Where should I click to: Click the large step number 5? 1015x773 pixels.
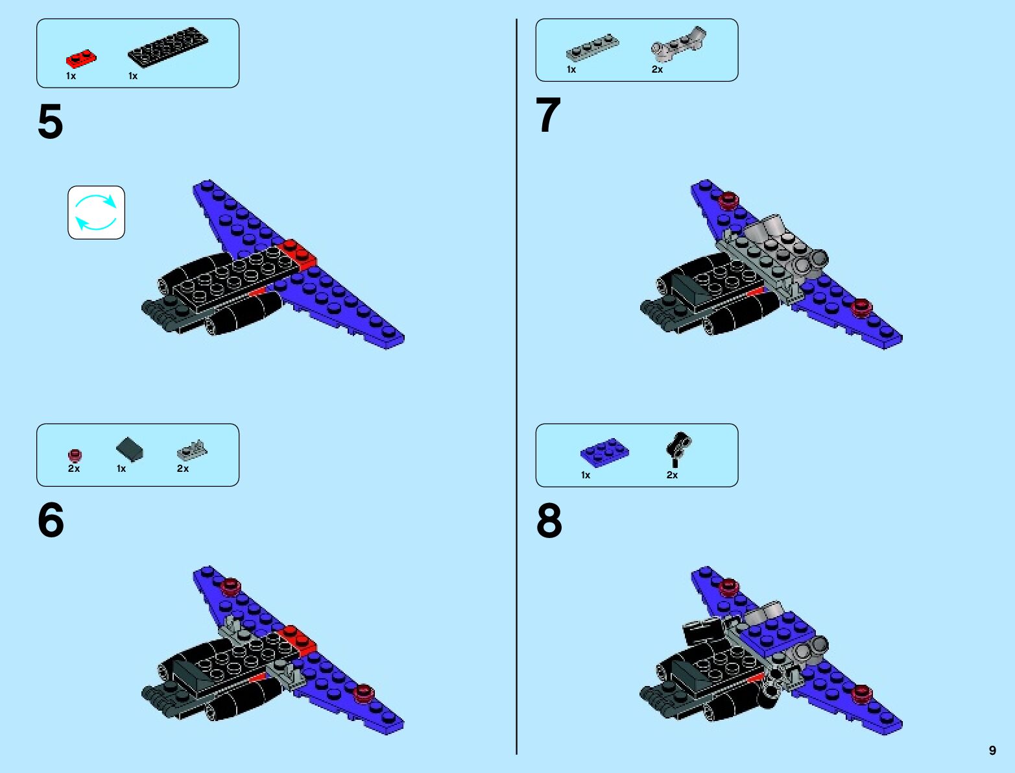click(x=50, y=121)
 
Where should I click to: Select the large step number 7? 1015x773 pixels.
click(x=548, y=116)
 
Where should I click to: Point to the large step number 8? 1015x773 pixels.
click(x=549, y=521)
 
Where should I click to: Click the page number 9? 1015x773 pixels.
click(x=992, y=750)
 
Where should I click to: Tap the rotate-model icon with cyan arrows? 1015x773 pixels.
click(x=96, y=212)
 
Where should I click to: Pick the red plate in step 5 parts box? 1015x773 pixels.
click(x=81, y=60)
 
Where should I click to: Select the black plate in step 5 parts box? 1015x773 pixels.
click(x=168, y=47)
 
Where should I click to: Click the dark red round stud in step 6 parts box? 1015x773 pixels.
click(x=75, y=454)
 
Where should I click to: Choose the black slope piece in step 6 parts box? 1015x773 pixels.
click(x=130, y=449)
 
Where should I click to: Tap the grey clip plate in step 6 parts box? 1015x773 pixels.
click(x=192, y=448)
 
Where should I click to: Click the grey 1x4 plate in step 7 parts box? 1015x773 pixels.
click(x=592, y=48)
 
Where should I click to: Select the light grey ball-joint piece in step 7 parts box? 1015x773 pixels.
click(x=678, y=43)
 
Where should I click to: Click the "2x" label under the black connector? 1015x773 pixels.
click(x=672, y=475)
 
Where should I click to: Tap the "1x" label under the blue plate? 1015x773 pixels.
click(x=586, y=475)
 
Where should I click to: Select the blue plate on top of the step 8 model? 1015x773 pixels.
click(x=778, y=632)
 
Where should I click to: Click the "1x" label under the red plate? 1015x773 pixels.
click(x=71, y=76)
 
